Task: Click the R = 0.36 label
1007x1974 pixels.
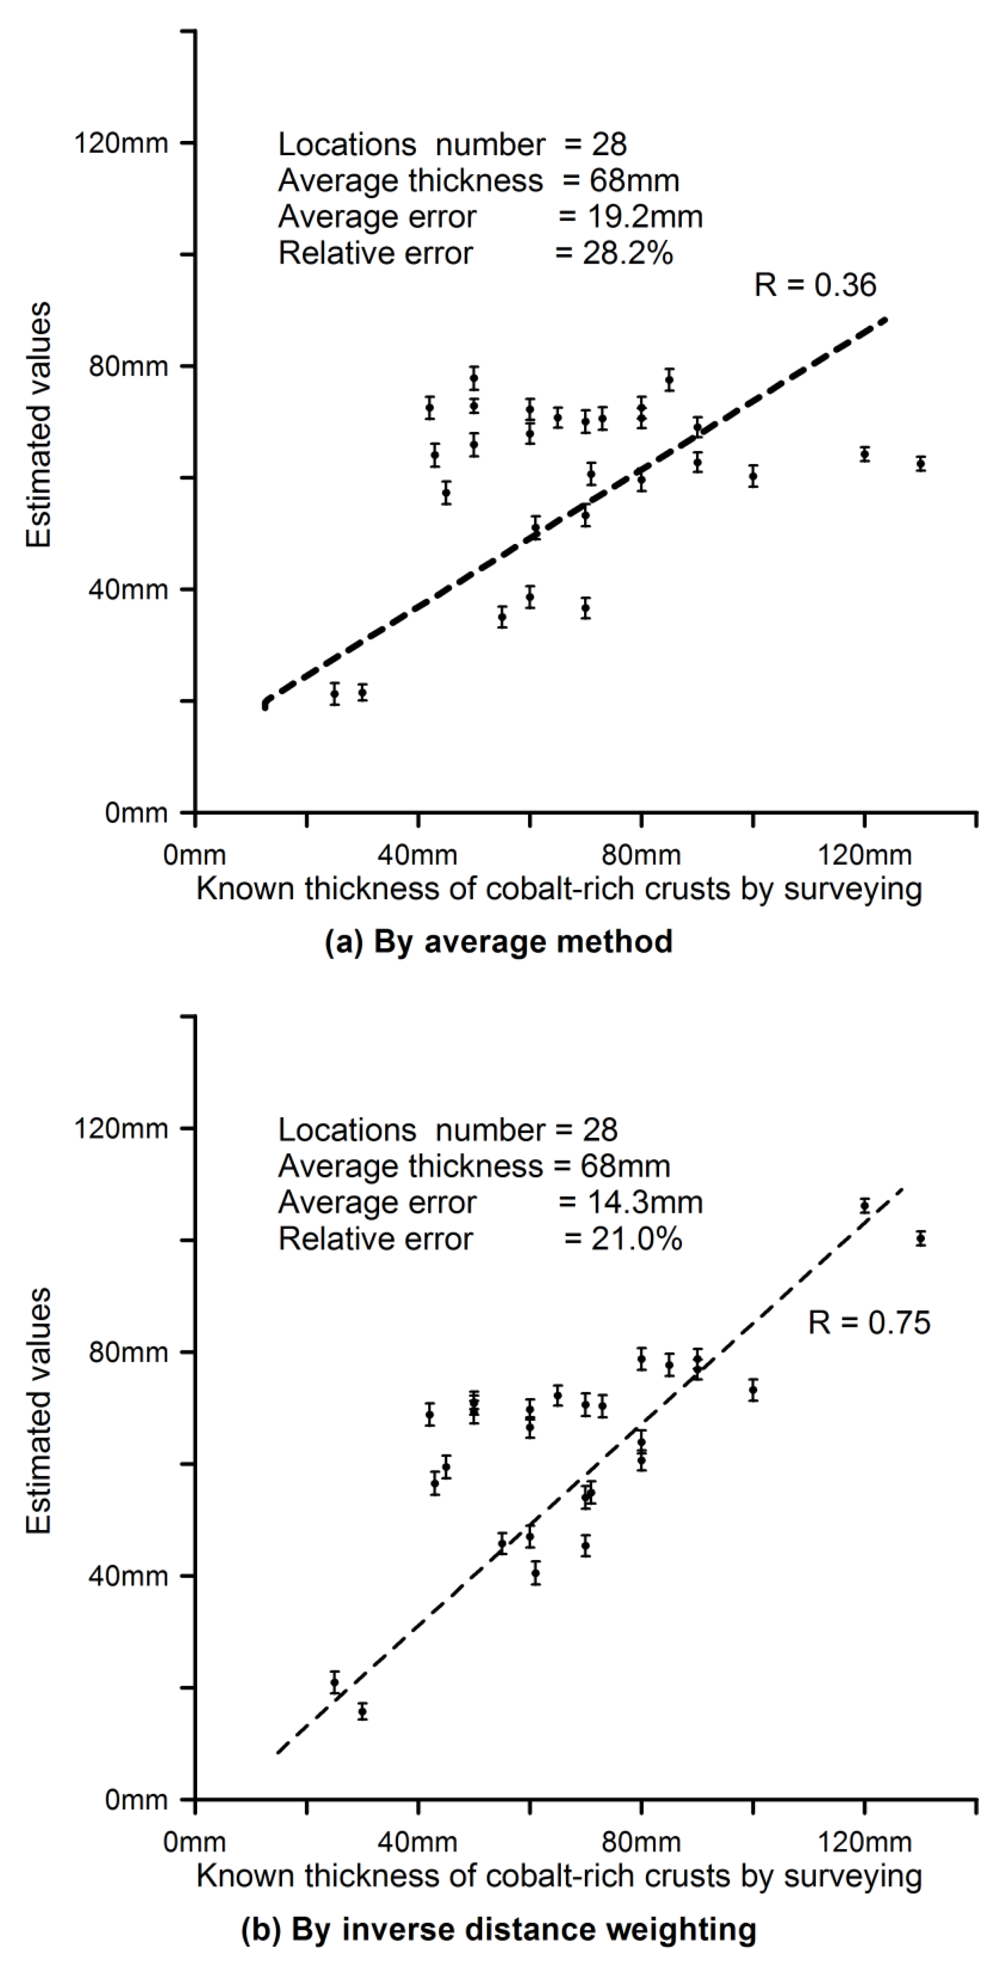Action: coord(815,285)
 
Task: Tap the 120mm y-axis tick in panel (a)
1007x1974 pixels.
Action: coord(120,143)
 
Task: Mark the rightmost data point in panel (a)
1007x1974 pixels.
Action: coord(921,464)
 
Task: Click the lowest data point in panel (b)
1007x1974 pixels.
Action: coord(362,1711)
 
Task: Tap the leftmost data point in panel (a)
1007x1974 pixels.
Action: coord(334,694)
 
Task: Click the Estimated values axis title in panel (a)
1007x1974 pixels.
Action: coord(38,425)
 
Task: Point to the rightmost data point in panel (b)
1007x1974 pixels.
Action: coord(921,1238)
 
